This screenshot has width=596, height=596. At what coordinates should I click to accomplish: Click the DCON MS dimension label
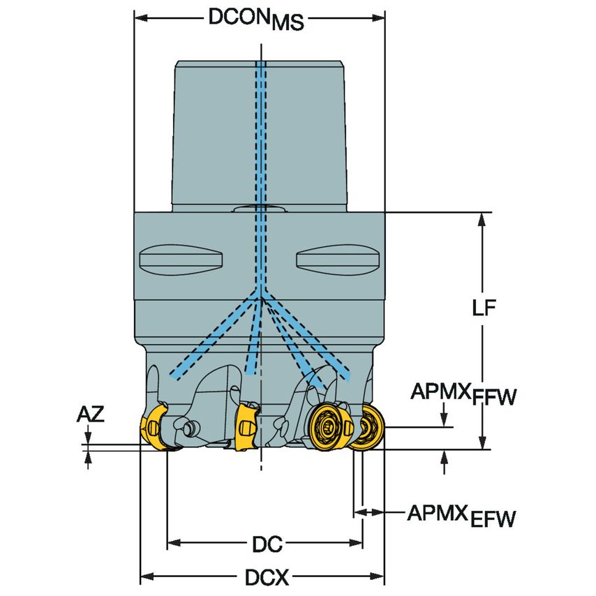pyautogui.click(x=257, y=19)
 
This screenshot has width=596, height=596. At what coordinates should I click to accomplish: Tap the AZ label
pyautogui.click(x=90, y=415)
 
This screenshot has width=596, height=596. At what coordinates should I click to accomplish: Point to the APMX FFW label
pyautogui.click(x=463, y=394)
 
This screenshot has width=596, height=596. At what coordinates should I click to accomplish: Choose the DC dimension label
pyautogui.click(x=267, y=543)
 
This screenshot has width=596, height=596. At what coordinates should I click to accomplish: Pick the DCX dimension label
pyautogui.click(x=267, y=577)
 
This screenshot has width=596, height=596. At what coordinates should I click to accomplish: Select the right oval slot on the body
pyautogui.click(x=338, y=260)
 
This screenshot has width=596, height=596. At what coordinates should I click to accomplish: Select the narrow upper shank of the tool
pyautogui.click(x=260, y=133)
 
